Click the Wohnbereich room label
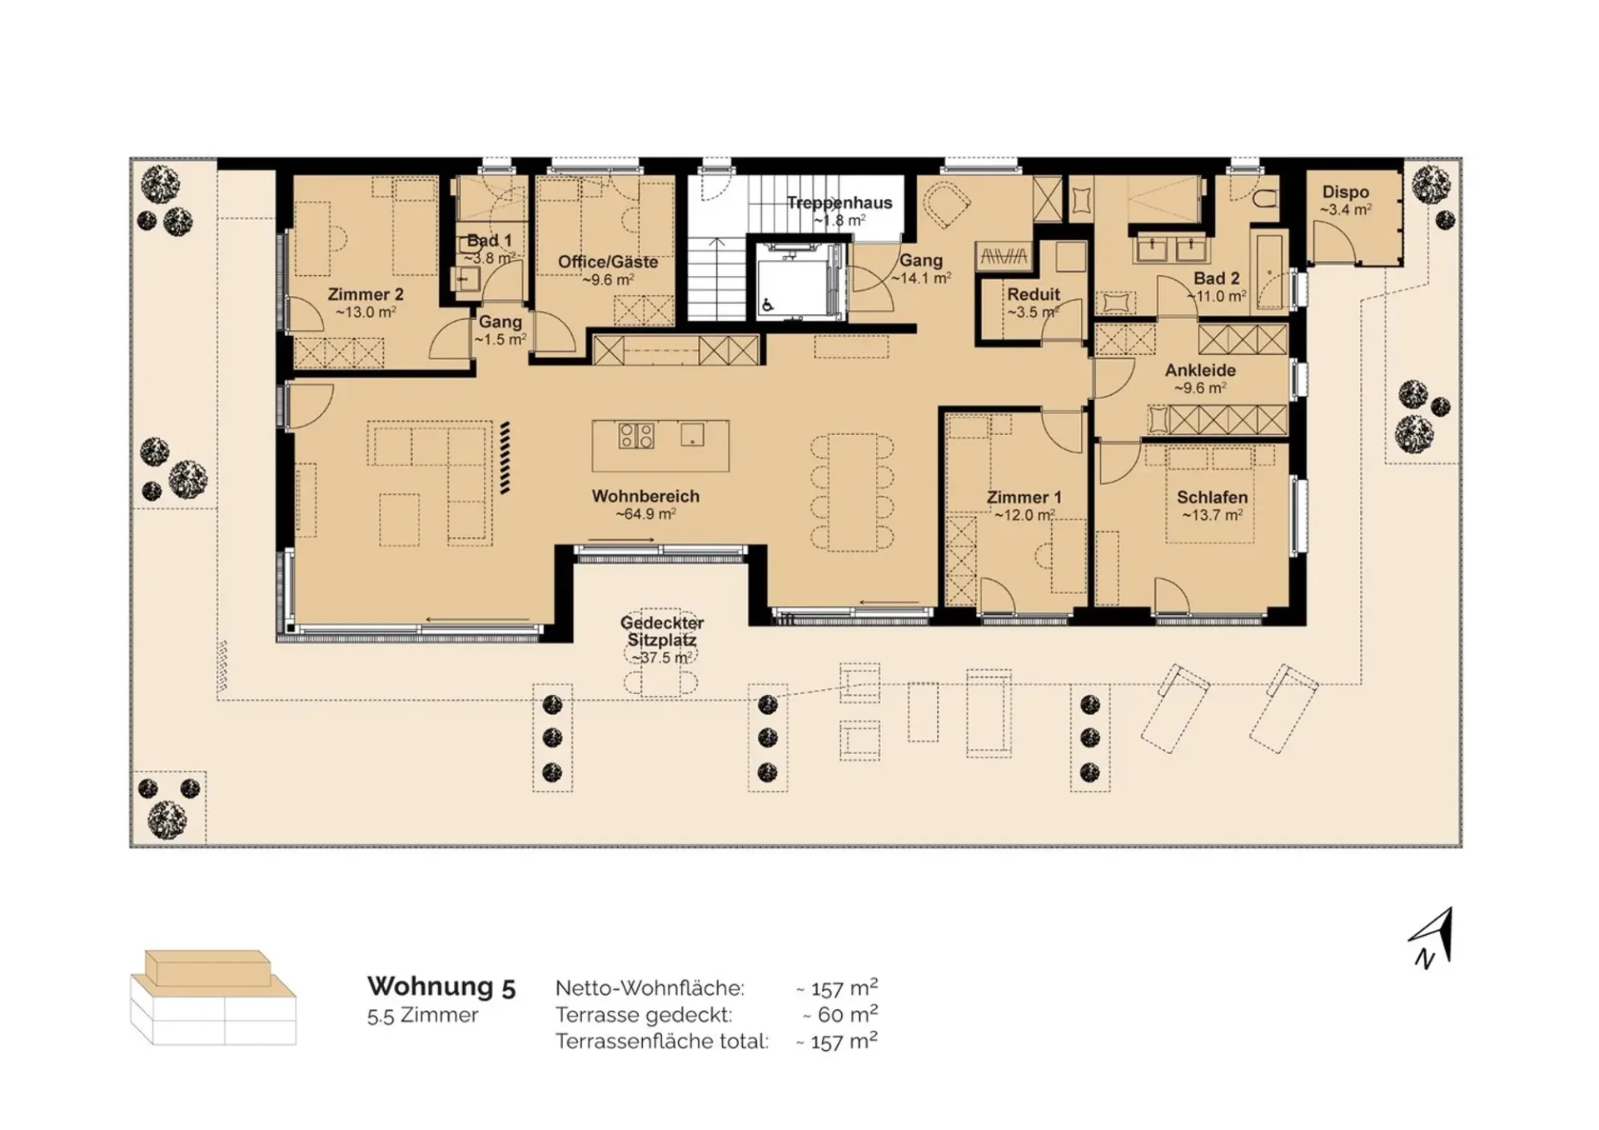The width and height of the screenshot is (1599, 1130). [645, 496]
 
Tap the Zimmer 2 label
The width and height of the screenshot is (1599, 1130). [366, 294]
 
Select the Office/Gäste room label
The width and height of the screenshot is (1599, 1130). [608, 262]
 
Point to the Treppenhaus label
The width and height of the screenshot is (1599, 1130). [839, 202]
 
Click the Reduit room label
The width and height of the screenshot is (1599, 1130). [1034, 294]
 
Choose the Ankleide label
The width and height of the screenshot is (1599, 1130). [1200, 370]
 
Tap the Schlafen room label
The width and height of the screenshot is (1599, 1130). [1212, 497]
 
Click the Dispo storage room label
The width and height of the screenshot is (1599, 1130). [1346, 192]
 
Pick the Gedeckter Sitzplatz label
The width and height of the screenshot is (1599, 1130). [662, 632]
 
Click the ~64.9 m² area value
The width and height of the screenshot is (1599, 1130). [645, 514]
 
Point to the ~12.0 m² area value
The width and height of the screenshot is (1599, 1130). [1024, 515]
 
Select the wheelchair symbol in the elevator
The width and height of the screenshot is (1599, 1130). [767, 306]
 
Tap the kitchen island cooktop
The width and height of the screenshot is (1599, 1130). [635, 435]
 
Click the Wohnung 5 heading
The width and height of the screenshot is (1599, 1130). [441, 987]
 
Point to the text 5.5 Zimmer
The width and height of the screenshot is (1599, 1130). [423, 1016]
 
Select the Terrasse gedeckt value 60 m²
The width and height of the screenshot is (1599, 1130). [839, 1014]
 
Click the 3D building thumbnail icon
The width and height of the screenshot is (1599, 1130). [213, 997]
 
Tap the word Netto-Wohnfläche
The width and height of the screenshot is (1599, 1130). [650, 988]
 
